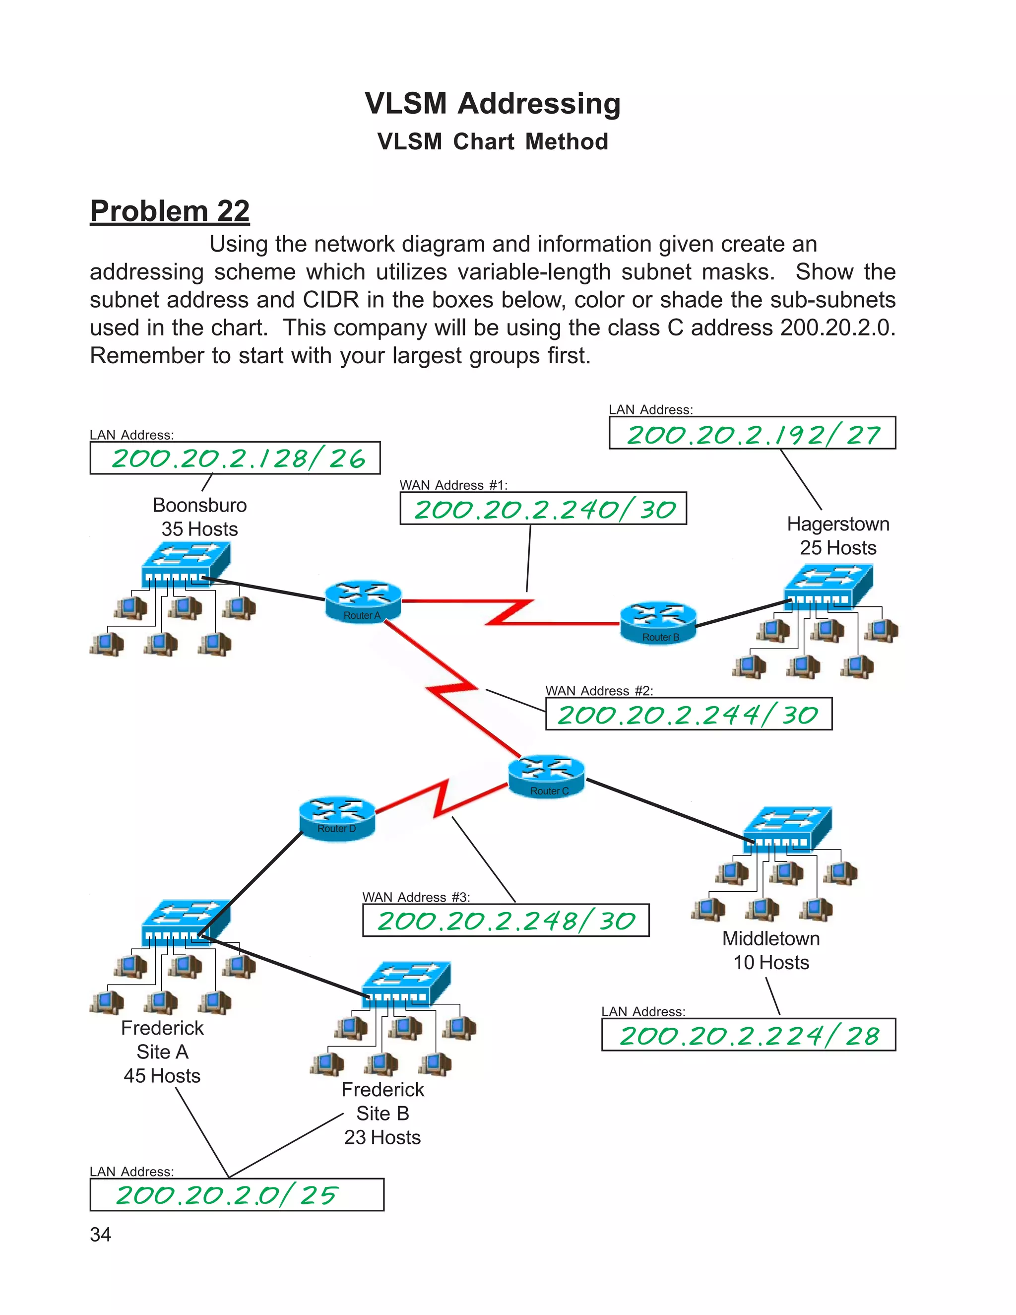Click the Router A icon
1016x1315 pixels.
point(363,601)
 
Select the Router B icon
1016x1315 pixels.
point(658,623)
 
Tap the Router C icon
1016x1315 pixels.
point(547,777)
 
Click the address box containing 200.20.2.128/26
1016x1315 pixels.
point(235,458)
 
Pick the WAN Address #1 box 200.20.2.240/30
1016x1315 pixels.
point(543,509)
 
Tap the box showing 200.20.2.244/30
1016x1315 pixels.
point(689,714)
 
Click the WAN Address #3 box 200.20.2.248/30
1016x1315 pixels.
point(506,920)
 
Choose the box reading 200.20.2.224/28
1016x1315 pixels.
point(748,1035)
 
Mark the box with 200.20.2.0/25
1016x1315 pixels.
point(237,1194)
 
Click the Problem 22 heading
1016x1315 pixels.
point(170,211)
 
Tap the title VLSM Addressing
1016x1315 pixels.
point(492,104)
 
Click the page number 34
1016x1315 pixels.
point(101,1234)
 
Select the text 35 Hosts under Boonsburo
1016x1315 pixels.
point(199,529)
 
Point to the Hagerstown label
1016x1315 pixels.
point(838,524)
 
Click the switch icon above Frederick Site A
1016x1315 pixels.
point(186,923)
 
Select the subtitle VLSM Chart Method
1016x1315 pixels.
point(492,142)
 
